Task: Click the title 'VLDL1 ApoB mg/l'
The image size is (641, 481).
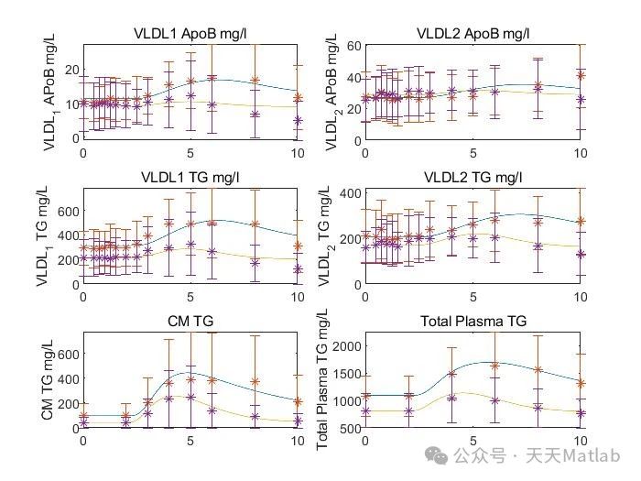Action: tap(190, 34)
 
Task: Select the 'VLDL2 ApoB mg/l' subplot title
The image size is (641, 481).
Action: tap(473, 34)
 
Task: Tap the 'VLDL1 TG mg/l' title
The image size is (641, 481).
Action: tap(190, 177)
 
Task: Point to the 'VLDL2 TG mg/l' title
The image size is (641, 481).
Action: tap(473, 177)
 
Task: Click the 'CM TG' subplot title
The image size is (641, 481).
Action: tap(190, 321)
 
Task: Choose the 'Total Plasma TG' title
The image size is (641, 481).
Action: tap(473, 321)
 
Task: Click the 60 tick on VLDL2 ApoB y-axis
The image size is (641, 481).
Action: tap(353, 45)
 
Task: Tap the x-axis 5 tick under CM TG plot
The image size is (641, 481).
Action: tap(190, 442)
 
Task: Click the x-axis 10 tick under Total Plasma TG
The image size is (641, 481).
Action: tap(579, 442)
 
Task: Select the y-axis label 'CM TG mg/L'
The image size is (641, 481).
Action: tap(47, 377)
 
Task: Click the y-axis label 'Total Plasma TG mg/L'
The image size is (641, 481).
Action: tap(322, 377)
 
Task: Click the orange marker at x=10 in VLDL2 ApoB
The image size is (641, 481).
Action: tap(581, 75)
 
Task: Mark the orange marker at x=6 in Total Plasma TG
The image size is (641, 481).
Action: tap(495, 365)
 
